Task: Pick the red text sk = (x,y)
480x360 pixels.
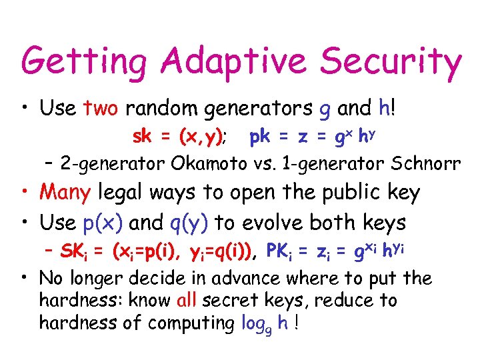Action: tap(178, 137)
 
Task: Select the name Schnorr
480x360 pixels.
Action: tap(423, 163)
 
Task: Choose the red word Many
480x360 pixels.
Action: tap(65, 193)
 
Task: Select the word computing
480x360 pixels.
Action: tap(191, 323)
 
